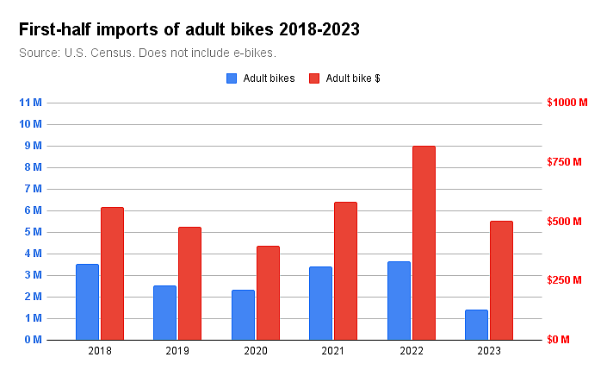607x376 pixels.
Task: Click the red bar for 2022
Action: (424, 242)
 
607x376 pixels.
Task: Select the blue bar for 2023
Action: (476, 324)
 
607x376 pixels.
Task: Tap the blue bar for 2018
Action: (87, 302)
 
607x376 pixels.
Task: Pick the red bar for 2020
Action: (268, 292)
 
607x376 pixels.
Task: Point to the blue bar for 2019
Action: (164, 312)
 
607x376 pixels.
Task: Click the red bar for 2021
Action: (345, 271)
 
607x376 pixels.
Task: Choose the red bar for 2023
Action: (501, 280)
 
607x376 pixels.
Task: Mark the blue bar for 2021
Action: (320, 303)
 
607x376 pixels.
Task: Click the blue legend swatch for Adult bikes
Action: (232, 78)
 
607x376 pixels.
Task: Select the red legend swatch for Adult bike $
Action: (314, 78)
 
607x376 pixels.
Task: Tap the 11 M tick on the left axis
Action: (31, 103)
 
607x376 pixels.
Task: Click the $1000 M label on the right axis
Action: (567, 103)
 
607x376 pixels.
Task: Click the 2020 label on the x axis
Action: (256, 351)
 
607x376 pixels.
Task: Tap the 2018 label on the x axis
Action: (100, 351)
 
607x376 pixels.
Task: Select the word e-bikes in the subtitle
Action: (253, 53)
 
